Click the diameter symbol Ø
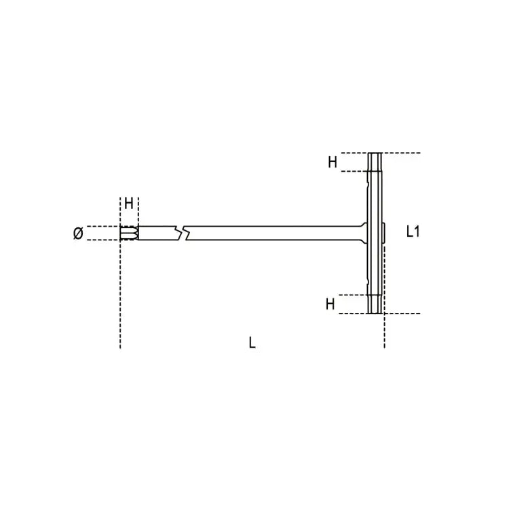pos(77,233)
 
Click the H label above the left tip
pos(128,203)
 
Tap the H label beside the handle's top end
pos(333,162)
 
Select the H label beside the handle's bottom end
pos(331,304)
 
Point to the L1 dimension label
pos(413,231)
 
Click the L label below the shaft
pos(252,343)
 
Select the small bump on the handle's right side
pos(385,233)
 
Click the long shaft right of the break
pos(271,233)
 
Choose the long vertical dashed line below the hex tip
pos(121,299)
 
